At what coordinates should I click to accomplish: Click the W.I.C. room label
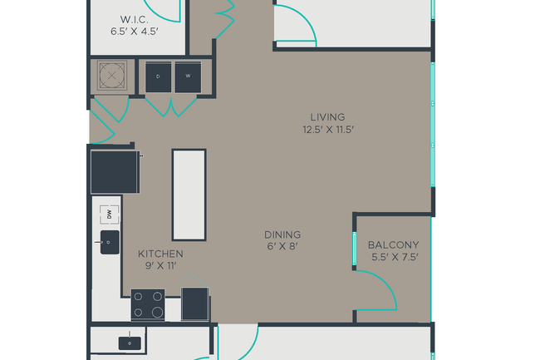click(135, 19)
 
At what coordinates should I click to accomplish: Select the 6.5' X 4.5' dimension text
click(135, 32)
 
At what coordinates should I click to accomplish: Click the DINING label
click(282, 235)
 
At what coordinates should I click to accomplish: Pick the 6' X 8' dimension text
click(282, 248)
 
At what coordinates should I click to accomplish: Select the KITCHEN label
click(160, 254)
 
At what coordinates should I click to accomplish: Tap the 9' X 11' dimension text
click(160, 266)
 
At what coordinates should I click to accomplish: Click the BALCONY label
click(393, 245)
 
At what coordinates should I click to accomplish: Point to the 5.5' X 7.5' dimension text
click(393, 258)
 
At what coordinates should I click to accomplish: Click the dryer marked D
click(158, 77)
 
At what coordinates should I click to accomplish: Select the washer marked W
click(188, 77)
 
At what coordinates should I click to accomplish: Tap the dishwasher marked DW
click(108, 215)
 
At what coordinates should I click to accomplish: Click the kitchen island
click(189, 194)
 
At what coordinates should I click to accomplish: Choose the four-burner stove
click(148, 304)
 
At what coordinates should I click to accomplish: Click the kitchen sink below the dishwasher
click(110, 244)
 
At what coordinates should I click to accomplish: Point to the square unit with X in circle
click(111, 76)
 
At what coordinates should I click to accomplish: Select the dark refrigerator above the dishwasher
click(115, 170)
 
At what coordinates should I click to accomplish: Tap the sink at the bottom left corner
click(128, 341)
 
